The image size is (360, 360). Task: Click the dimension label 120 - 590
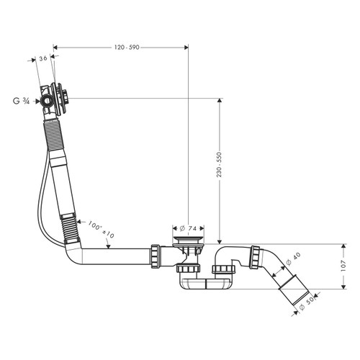pyautogui.click(x=126, y=47)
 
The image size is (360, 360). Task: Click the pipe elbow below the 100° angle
pyautogui.click(x=74, y=248)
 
